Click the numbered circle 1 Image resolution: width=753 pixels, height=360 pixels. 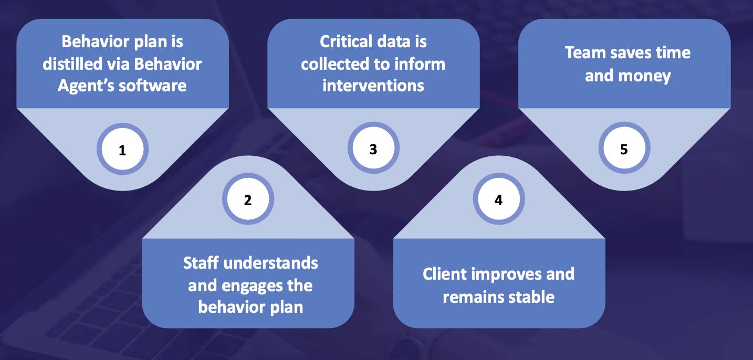tap(122, 151)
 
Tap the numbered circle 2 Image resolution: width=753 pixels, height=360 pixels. tap(248, 200)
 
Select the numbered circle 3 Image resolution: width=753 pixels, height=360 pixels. tap(373, 150)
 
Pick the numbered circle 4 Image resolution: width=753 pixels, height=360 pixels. tap(498, 200)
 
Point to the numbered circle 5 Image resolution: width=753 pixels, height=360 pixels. tap(624, 150)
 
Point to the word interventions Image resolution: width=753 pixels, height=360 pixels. tap(373, 85)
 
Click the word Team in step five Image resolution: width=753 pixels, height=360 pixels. tap(584, 53)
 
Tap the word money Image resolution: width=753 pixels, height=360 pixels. tap(651, 76)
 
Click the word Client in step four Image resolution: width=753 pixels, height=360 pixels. tap(446, 274)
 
